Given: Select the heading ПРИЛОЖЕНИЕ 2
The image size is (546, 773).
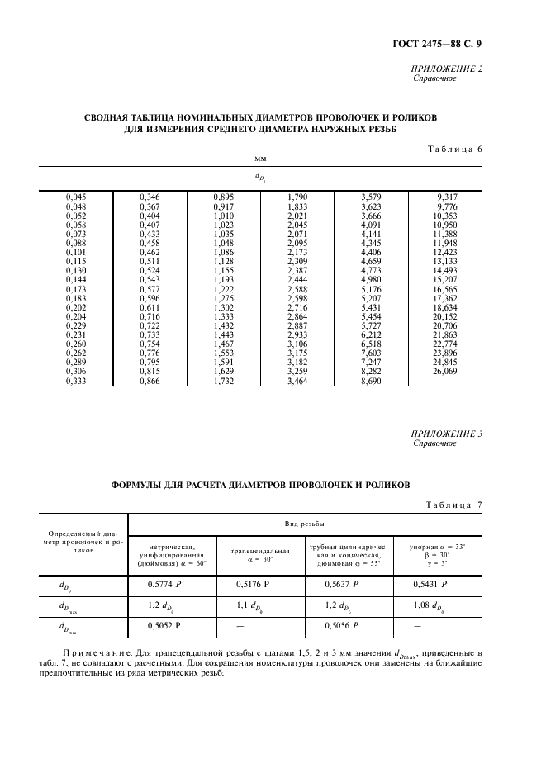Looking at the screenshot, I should [x=446, y=69].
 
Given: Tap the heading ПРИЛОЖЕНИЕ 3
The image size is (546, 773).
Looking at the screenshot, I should [x=446, y=433].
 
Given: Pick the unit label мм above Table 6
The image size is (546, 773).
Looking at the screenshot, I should [x=260, y=157].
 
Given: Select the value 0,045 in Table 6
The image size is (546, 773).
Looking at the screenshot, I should [x=76, y=197].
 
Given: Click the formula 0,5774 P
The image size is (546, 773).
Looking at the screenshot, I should [x=165, y=584].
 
